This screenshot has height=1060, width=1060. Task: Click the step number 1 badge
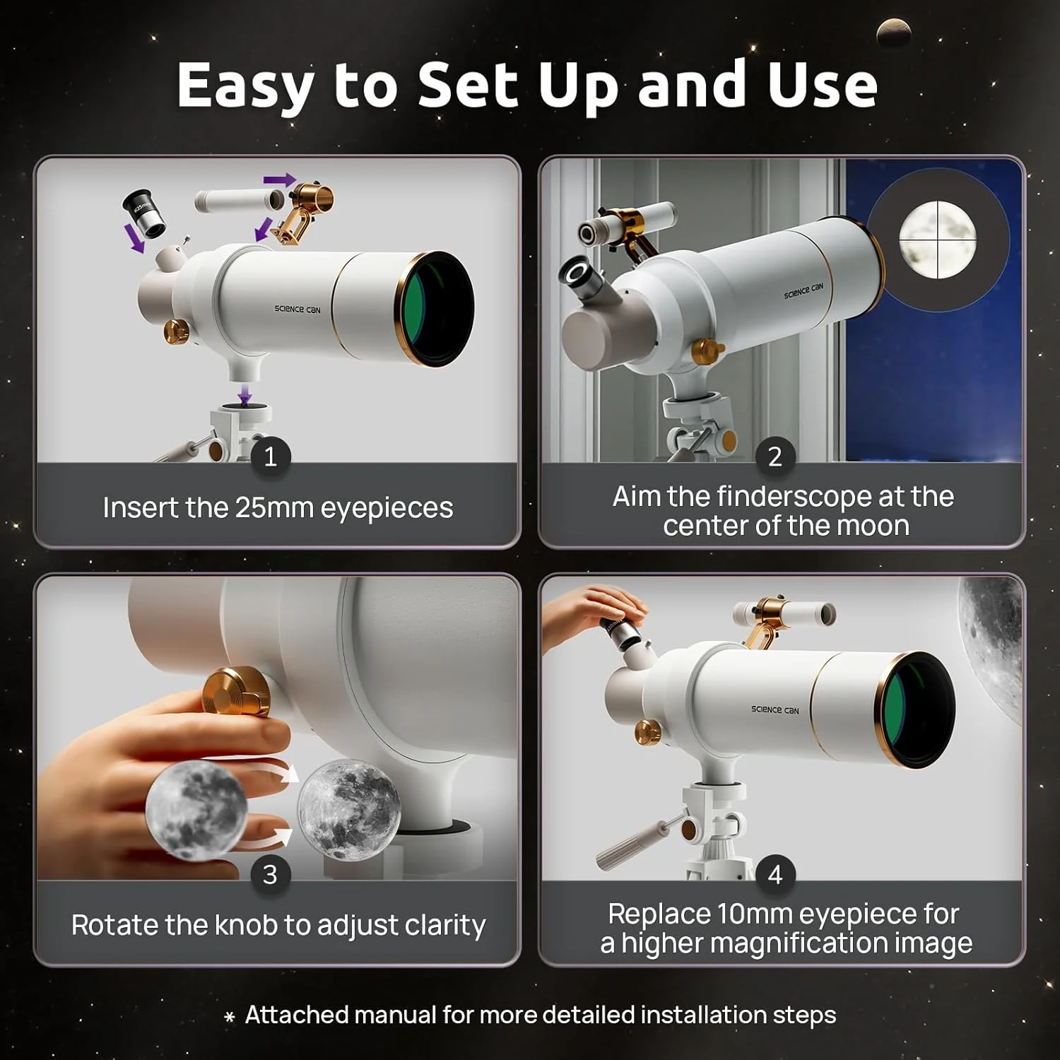click(x=270, y=457)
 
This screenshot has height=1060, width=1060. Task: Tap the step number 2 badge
click(x=775, y=457)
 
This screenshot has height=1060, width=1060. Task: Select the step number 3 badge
click(x=270, y=874)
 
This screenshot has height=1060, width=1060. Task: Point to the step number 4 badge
click(x=775, y=874)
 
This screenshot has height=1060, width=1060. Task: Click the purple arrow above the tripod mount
click(x=245, y=394)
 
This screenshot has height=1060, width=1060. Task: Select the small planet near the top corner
click(x=893, y=33)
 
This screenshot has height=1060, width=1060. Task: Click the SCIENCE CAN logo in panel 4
click(x=775, y=709)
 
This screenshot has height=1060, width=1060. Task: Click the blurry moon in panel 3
click(x=196, y=810)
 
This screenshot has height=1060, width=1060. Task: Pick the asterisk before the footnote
click(x=229, y=1018)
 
